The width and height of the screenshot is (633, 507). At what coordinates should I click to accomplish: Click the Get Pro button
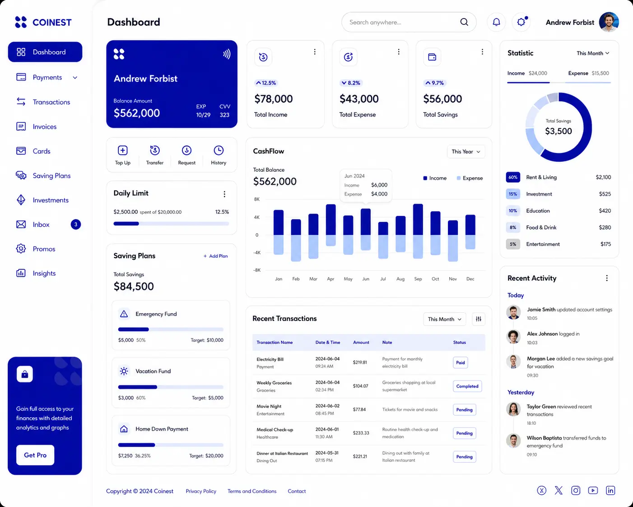[x=35, y=455]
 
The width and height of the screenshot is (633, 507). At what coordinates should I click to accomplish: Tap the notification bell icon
[x=496, y=22]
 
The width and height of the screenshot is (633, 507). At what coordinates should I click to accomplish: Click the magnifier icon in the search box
[x=464, y=22]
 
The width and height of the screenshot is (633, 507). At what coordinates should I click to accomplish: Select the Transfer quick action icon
[x=155, y=150]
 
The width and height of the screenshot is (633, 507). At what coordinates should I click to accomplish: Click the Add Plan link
[x=216, y=256]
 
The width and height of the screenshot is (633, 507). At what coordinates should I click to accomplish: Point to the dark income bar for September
[x=418, y=219]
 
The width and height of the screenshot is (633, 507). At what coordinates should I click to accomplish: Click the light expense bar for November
[x=453, y=248]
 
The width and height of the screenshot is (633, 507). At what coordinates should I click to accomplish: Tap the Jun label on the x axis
[x=366, y=279]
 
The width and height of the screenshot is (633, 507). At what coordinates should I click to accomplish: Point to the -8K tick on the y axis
[x=257, y=270]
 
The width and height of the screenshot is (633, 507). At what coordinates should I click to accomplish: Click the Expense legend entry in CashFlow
[x=470, y=178]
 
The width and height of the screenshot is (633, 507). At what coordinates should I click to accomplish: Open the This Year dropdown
[x=466, y=152]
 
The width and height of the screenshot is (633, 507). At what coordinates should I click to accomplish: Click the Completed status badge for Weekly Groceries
[x=467, y=386]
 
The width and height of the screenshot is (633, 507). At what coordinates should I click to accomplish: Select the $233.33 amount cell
[x=361, y=433]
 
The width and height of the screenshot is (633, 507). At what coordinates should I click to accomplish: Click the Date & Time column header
[x=328, y=343]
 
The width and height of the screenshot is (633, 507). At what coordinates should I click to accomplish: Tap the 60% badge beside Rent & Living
[x=513, y=177]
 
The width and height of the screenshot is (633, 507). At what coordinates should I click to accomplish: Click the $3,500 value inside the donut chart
[x=559, y=131]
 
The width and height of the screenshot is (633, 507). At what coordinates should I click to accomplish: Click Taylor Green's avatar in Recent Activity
[x=513, y=409]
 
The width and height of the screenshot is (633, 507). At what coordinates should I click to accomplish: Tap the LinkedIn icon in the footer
[x=610, y=491]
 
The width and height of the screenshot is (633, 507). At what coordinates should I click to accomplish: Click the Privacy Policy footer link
[x=201, y=491]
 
